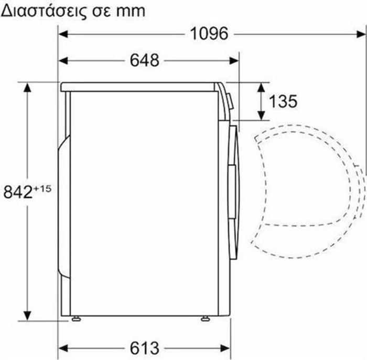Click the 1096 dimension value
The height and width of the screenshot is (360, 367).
tap(209, 34)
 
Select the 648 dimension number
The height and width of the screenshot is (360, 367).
tap(145, 60)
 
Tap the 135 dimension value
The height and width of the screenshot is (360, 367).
tap(283, 101)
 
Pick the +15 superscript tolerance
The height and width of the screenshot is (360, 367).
tap(44, 187)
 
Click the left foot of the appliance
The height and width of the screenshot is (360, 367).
tap(76, 318)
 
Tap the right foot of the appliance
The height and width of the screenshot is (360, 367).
tap(204, 318)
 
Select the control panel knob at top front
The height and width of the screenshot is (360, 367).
tap(230, 100)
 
